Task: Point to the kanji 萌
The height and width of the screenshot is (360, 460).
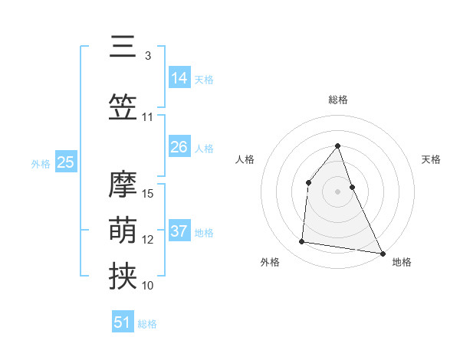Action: point(123,231)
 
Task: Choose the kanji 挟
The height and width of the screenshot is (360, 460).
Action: point(123,277)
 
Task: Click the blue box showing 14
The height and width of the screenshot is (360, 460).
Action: point(179,78)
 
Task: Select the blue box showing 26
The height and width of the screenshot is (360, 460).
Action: point(179,147)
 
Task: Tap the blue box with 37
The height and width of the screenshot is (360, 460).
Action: point(179,231)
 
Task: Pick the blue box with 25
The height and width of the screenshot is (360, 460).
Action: point(65,162)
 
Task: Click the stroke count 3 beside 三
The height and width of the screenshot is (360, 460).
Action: point(148,56)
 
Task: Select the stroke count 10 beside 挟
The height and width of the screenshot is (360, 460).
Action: point(148,286)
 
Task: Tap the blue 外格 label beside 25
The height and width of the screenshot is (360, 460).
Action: point(40,163)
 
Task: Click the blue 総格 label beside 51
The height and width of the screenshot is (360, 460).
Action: point(147,324)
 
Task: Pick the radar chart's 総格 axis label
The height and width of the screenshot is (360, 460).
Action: point(337,100)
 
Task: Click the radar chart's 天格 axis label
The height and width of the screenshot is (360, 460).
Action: point(431,159)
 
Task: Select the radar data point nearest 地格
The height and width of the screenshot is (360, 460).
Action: point(383,254)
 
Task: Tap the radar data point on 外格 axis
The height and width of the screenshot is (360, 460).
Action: point(302,242)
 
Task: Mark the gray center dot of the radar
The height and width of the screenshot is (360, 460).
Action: point(337,191)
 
